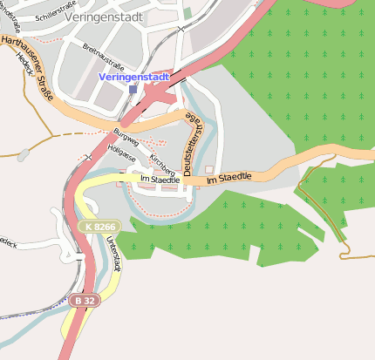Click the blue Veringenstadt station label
(133, 77)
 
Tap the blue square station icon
(133, 89)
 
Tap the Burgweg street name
(126, 137)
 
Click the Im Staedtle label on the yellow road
(160, 180)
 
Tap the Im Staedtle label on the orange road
(228, 177)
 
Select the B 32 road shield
(84, 300)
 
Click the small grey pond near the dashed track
(23, 155)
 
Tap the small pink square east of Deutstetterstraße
(209, 169)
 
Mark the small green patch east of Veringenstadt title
(187, 13)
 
